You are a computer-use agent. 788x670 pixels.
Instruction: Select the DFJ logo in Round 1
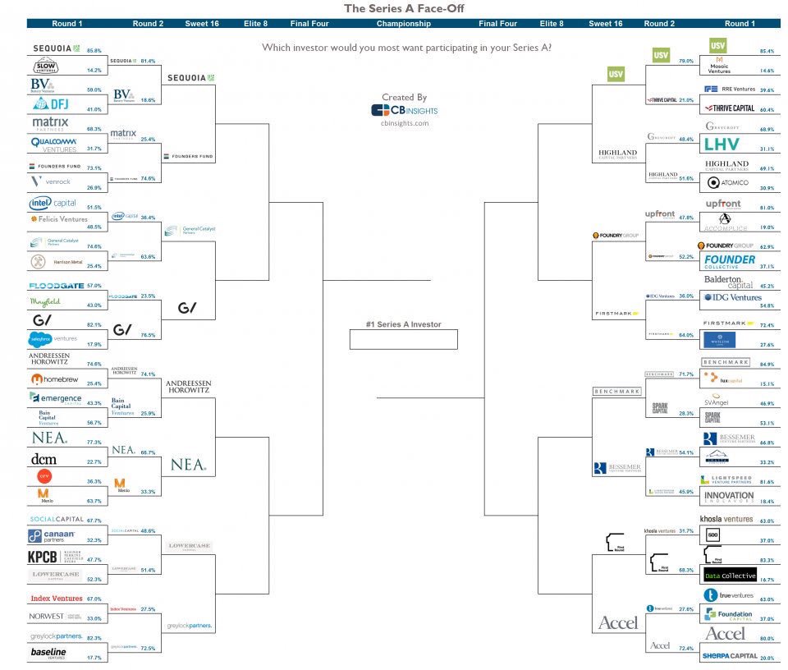coord(51,104)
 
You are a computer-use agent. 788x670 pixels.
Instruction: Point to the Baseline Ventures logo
coord(48,654)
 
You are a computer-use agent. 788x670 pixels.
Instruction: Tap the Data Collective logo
coord(729,576)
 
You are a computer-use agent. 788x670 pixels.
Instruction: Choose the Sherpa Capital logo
coord(729,656)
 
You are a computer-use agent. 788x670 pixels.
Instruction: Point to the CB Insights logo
coord(404,110)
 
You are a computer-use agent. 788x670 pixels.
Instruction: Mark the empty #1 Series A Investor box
coord(402,338)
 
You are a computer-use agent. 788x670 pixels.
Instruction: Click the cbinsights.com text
coord(404,123)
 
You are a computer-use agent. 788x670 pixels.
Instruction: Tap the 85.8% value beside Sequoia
coord(94,51)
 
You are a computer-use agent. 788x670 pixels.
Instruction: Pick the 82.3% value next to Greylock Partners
coord(94,638)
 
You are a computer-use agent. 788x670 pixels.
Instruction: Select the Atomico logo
coord(726,183)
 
